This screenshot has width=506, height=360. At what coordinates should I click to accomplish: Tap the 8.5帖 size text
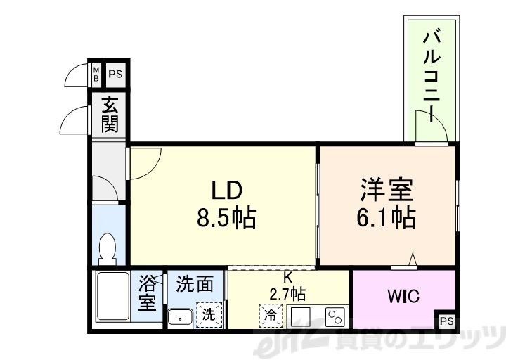226,217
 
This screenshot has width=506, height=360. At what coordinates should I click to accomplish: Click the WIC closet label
403,296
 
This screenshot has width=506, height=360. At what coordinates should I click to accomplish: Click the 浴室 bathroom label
147,293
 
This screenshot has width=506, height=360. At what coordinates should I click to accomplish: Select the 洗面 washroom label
195,283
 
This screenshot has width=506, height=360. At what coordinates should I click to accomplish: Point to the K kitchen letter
288,277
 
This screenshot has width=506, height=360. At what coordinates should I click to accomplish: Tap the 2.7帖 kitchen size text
288,292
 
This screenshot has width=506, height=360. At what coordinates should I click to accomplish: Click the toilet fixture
108,247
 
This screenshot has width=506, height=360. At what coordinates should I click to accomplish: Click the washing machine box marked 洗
209,314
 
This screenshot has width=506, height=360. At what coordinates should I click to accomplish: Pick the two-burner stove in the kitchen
333,316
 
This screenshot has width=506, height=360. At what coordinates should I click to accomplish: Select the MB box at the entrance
97,73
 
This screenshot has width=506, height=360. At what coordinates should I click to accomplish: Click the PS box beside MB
115,73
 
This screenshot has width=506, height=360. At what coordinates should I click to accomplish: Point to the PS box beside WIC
446,321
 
